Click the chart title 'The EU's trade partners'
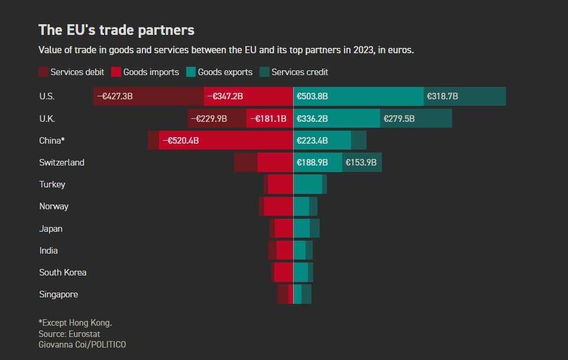(116, 30)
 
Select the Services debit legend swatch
(43, 72)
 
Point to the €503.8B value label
(312, 96)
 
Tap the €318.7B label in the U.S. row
(443, 96)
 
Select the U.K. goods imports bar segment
(270, 118)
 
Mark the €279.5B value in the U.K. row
(399, 118)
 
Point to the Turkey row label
(52, 184)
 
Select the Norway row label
(54, 206)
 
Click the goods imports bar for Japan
(284, 228)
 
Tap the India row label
(48, 251)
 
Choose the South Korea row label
(63, 273)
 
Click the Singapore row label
(59, 294)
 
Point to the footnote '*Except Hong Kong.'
(75, 323)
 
